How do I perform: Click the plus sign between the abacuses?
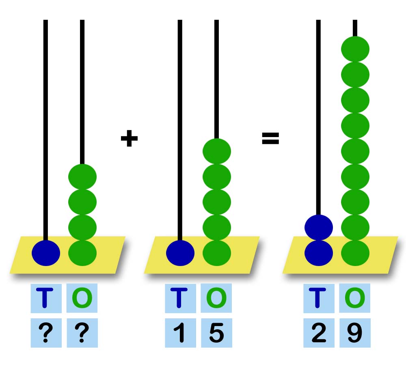pyautogui.click(x=129, y=138)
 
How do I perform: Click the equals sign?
pyautogui.click(x=270, y=138)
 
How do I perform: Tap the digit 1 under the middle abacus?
pyautogui.click(x=179, y=333)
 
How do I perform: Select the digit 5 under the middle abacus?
pyautogui.click(x=216, y=333)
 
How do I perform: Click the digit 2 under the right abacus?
pyautogui.click(x=319, y=333)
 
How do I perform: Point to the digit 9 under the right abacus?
pyautogui.click(x=355, y=333)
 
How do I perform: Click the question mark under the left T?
pyautogui.click(x=46, y=333)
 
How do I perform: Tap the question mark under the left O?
pyautogui.click(x=82, y=333)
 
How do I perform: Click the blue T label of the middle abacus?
pyautogui.click(x=179, y=298)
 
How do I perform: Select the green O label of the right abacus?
pyautogui.click(x=355, y=298)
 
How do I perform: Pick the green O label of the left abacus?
pyautogui.click(x=82, y=298)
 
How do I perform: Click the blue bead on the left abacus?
pyautogui.click(x=46, y=253)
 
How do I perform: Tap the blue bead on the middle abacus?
pyautogui.click(x=180, y=253)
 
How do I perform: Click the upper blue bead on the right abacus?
pyautogui.click(x=319, y=228)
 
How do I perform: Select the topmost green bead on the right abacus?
pyautogui.click(x=355, y=49)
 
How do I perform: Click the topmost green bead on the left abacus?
pyautogui.click(x=82, y=177)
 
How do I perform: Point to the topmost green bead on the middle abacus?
pyautogui.click(x=217, y=151)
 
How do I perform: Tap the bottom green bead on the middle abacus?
pyautogui.click(x=217, y=253)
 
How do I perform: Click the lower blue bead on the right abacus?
pyautogui.click(x=319, y=253)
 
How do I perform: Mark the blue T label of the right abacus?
pyautogui.click(x=317, y=298)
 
